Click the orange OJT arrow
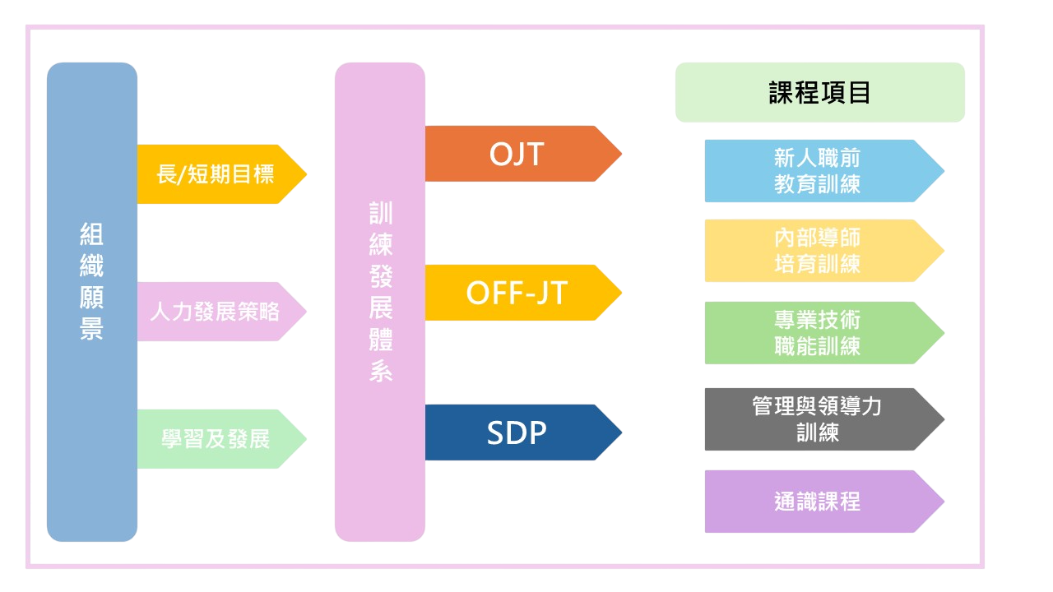click(x=517, y=154)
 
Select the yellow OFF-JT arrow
click(x=517, y=293)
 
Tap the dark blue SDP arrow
click(x=517, y=432)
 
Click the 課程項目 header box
click(x=819, y=93)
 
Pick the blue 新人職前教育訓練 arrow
click(x=817, y=171)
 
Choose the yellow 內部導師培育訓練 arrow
click(x=817, y=251)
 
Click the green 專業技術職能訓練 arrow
click(x=817, y=333)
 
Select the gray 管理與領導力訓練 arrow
click(x=817, y=419)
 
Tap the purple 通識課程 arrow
click(x=817, y=502)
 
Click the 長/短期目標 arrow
click(x=216, y=174)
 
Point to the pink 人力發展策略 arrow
click(x=216, y=312)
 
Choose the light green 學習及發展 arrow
click(x=216, y=439)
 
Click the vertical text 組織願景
click(x=91, y=282)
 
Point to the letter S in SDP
click(x=496, y=433)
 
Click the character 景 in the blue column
click(x=91, y=329)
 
